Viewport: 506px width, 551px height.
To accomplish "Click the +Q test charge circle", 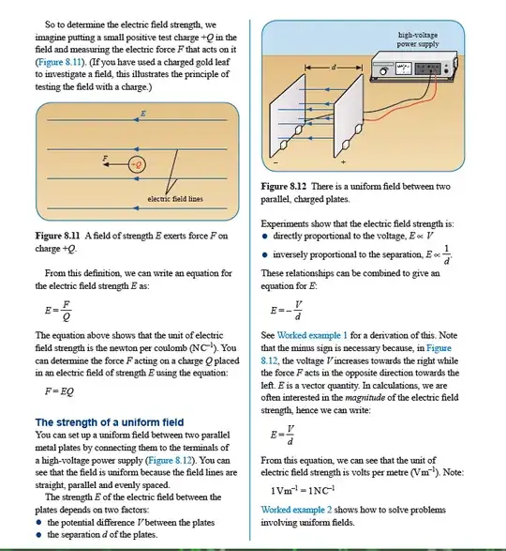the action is pyautogui.click(x=137, y=164).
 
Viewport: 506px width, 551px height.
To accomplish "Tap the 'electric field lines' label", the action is pyautogui.click(x=175, y=199).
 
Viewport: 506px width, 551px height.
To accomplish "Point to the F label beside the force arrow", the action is pyautogui.click(x=105, y=158).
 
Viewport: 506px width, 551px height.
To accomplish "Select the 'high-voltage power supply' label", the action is pyautogui.click(x=418, y=39).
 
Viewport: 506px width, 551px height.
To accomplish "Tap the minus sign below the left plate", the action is pyautogui.click(x=275, y=162).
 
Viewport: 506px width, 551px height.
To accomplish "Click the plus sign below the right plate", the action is pyautogui.click(x=343, y=162).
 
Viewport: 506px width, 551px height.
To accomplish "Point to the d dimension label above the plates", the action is pyautogui.click(x=333, y=67).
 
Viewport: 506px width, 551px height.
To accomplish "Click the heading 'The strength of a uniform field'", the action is pyautogui.click(x=110, y=422).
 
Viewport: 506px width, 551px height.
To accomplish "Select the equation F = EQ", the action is pyautogui.click(x=59, y=391).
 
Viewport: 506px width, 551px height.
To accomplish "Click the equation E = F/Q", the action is pyautogui.click(x=58, y=311).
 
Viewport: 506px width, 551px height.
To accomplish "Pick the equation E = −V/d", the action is pyautogui.click(x=287, y=311).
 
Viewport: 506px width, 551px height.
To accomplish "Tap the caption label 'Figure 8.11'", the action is pyautogui.click(x=57, y=236).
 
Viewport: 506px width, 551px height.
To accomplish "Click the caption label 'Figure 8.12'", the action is pyautogui.click(x=284, y=186).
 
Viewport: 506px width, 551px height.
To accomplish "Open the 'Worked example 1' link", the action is pyautogui.click(x=312, y=335).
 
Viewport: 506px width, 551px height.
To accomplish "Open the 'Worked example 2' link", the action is pyautogui.click(x=296, y=510).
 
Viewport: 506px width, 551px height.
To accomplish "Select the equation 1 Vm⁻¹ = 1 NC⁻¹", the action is pyautogui.click(x=303, y=490).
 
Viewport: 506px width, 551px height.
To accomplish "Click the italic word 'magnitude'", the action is pyautogui.click(x=365, y=397).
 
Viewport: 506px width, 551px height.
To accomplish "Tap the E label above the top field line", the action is pyautogui.click(x=143, y=114).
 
